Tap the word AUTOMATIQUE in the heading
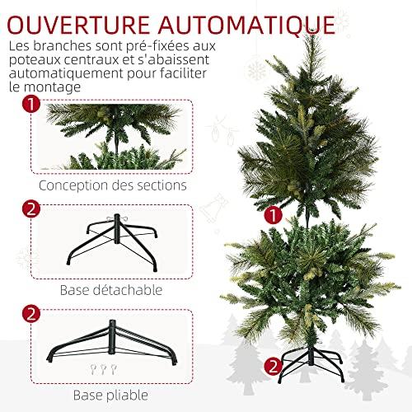click(246, 26)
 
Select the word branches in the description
click(62, 46)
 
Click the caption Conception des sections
click(113, 185)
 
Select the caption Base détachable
click(111, 290)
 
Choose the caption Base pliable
click(110, 396)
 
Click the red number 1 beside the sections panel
click(31, 104)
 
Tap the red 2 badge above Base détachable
click(31, 208)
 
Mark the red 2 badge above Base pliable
click(31, 314)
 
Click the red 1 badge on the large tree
click(274, 215)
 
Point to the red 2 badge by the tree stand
click(274, 367)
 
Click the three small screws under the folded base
click(103, 369)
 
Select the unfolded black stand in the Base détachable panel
click(112, 243)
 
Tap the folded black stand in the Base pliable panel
click(112, 342)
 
